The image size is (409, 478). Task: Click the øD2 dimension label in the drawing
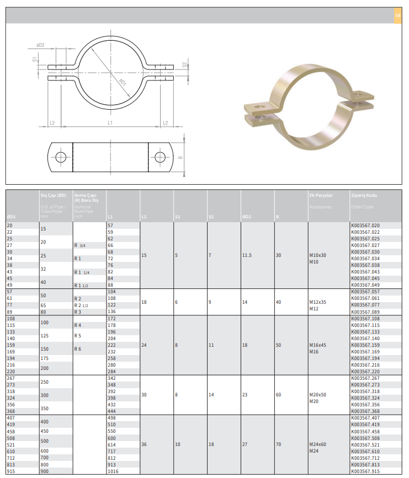click(40, 45)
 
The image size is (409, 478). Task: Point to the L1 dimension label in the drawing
click(110, 122)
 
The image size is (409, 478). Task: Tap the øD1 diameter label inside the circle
click(122, 82)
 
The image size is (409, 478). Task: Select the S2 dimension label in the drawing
click(184, 65)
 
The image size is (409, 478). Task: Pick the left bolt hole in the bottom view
click(61, 157)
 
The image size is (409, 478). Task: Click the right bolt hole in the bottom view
click(160, 157)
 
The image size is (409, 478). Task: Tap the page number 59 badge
click(397, 15)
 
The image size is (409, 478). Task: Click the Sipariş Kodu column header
click(363, 196)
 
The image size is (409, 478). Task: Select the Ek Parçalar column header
click(321, 196)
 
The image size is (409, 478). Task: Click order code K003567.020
click(365, 225)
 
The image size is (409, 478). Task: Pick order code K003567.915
click(365, 471)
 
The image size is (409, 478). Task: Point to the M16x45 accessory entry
click(318, 345)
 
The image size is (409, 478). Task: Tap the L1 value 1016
click(113, 471)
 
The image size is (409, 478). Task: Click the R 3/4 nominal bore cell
click(79, 245)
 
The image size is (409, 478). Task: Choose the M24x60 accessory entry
click(318, 444)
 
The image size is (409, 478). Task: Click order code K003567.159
click(365, 345)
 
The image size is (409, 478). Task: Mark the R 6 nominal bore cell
click(78, 349)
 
